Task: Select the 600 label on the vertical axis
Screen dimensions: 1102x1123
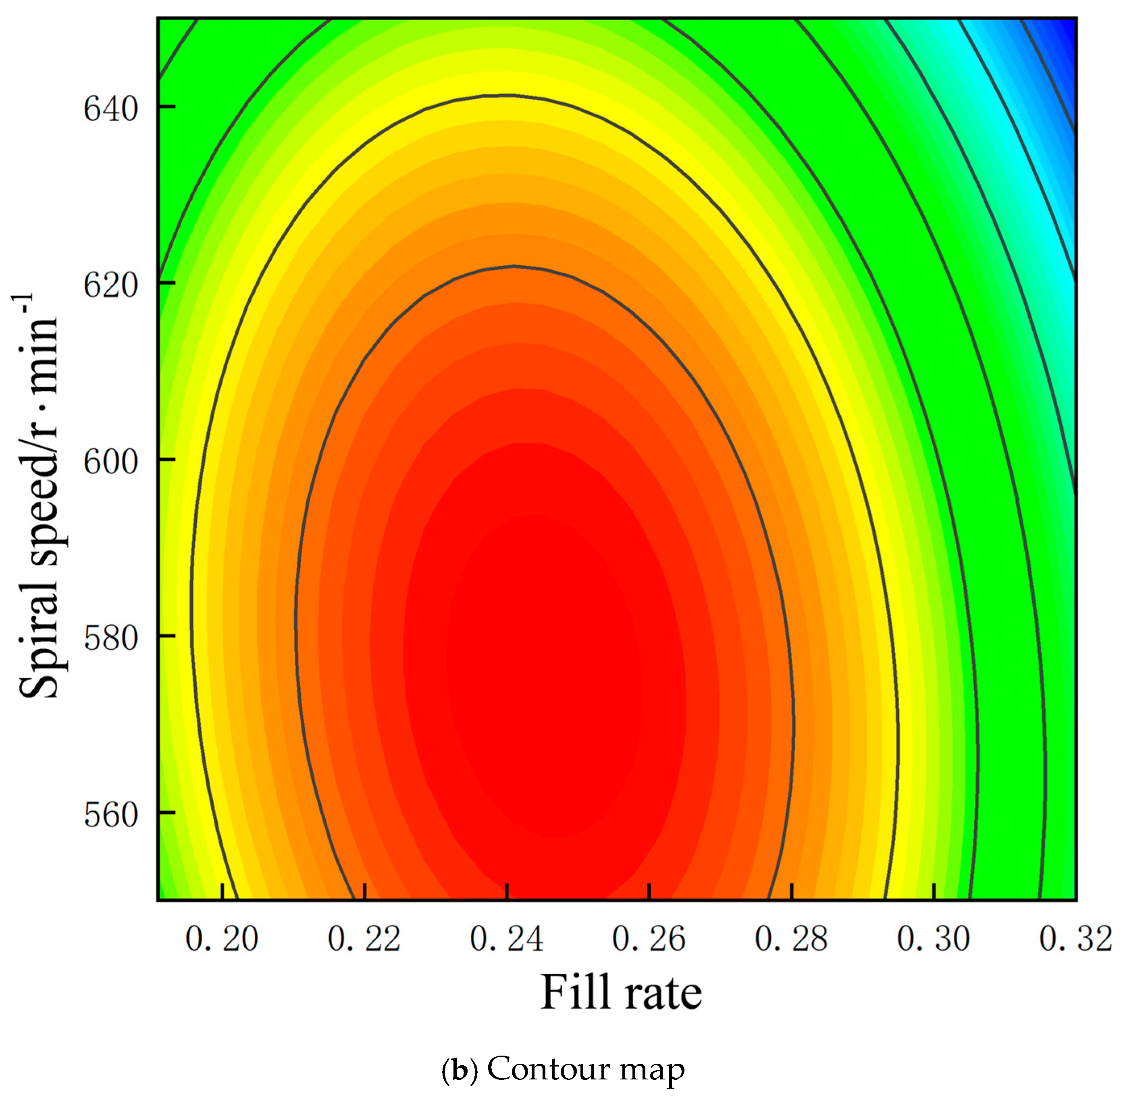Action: (x=110, y=461)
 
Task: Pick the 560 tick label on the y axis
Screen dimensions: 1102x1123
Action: (x=110, y=815)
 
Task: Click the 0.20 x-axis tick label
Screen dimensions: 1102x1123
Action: (x=222, y=939)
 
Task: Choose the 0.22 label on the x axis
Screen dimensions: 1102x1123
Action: (x=364, y=939)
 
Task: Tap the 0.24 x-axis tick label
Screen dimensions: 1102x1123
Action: (x=506, y=939)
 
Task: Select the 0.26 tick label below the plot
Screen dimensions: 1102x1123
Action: (x=649, y=939)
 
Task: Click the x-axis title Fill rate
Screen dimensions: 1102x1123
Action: (x=620, y=993)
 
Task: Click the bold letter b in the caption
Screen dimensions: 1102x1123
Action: (x=460, y=1070)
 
